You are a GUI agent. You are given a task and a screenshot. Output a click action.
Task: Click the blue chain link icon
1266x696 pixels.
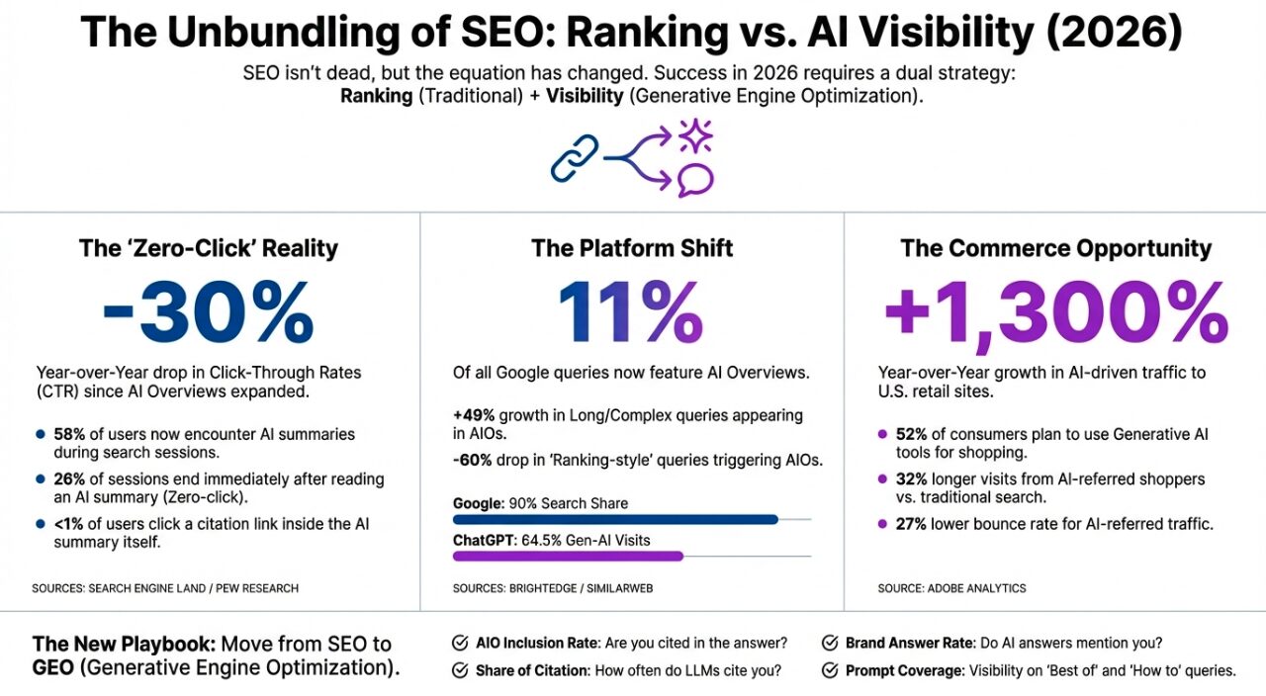tap(575, 159)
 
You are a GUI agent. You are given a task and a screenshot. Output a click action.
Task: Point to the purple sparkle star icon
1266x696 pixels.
tap(695, 134)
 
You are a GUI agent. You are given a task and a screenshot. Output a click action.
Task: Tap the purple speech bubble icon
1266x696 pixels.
tap(695, 179)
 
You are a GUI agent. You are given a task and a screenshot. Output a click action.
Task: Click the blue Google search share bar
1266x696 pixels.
tap(615, 519)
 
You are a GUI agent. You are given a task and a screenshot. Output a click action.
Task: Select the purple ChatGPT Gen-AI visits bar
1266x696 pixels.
tap(568, 556)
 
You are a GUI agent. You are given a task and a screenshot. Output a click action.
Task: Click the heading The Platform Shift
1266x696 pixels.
tap(632, 248)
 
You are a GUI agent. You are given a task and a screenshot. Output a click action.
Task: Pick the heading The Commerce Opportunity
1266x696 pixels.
tap(1055, 248)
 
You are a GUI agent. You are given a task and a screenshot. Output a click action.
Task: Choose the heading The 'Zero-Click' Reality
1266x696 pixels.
tap(208, 248)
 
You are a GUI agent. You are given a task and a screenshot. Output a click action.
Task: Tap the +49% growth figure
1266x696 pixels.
tap(473, 416)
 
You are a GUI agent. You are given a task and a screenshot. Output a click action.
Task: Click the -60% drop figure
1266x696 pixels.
tap(473, 460)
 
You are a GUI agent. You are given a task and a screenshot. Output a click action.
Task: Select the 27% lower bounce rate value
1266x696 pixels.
tap(911, 523)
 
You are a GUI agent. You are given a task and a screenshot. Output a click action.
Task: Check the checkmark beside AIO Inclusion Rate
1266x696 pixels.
tap(460, 644)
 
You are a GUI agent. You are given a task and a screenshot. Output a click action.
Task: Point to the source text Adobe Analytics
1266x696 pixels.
tap(982, 588)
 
